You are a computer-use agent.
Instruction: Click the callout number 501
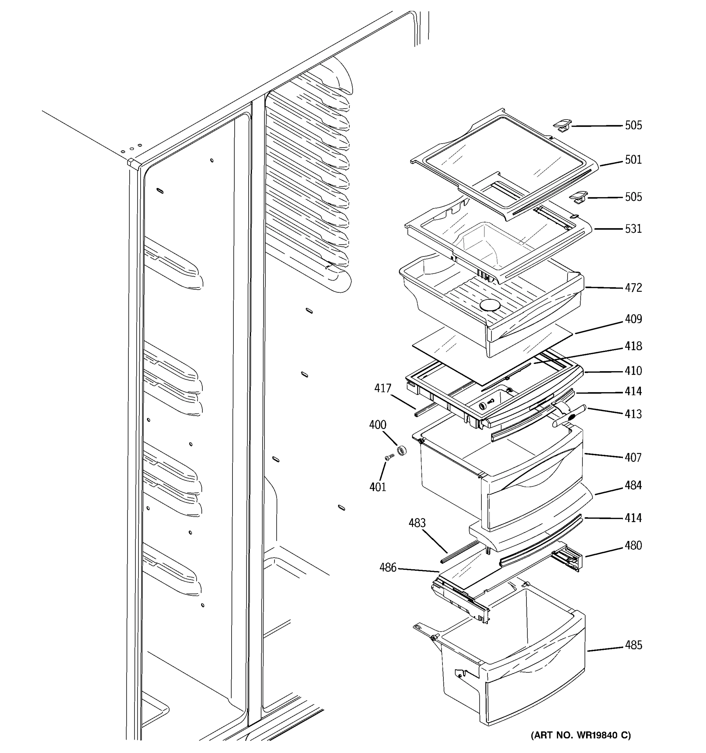tap(633, 160)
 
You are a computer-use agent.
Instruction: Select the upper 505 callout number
tap(633, 125)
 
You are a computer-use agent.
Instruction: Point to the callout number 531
tap(633, 229)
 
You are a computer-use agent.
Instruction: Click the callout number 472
tap(633, 288)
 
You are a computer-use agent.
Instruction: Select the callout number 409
tap(633, 319)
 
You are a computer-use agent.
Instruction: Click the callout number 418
tap(633, 346)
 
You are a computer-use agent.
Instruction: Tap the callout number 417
tap(382, 388)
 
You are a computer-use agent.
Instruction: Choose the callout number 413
tap(633, 414)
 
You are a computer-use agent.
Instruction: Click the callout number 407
tap(633, 457)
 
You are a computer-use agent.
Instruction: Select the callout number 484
tap(633, 485)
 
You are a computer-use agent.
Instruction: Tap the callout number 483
tap(417, 523)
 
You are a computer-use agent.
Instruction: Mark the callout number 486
tap(388, 567)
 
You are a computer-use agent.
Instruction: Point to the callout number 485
tap(633, 645)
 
